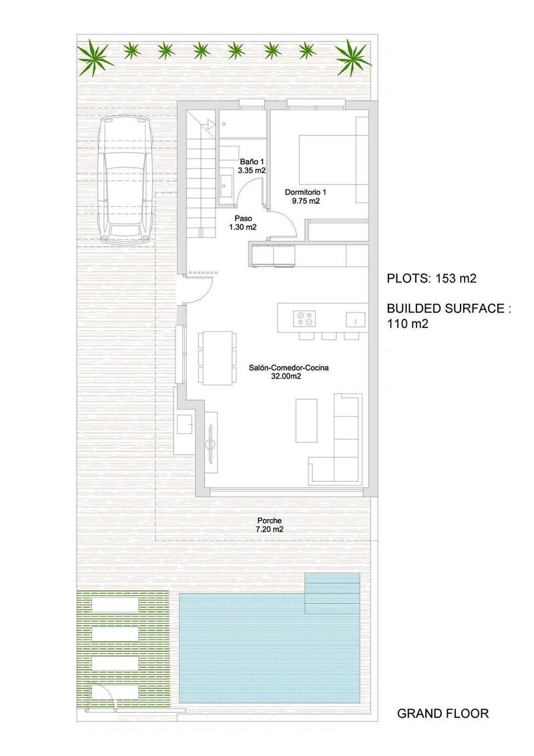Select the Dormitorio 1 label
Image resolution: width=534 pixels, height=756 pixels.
(306, 196)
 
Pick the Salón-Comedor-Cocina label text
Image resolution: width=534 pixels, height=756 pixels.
(289, 371)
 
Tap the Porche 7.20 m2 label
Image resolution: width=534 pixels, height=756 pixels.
(268, 524)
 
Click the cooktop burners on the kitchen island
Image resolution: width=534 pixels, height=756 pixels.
(306, 318)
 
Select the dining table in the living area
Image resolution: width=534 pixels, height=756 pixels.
(216, 357)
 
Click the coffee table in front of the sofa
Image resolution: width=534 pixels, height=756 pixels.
(307, 419)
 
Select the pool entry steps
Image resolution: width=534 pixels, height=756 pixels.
(332, 592)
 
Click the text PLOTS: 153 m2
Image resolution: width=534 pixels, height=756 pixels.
(432, 278)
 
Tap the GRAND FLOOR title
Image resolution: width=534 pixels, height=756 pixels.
(443, 713)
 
